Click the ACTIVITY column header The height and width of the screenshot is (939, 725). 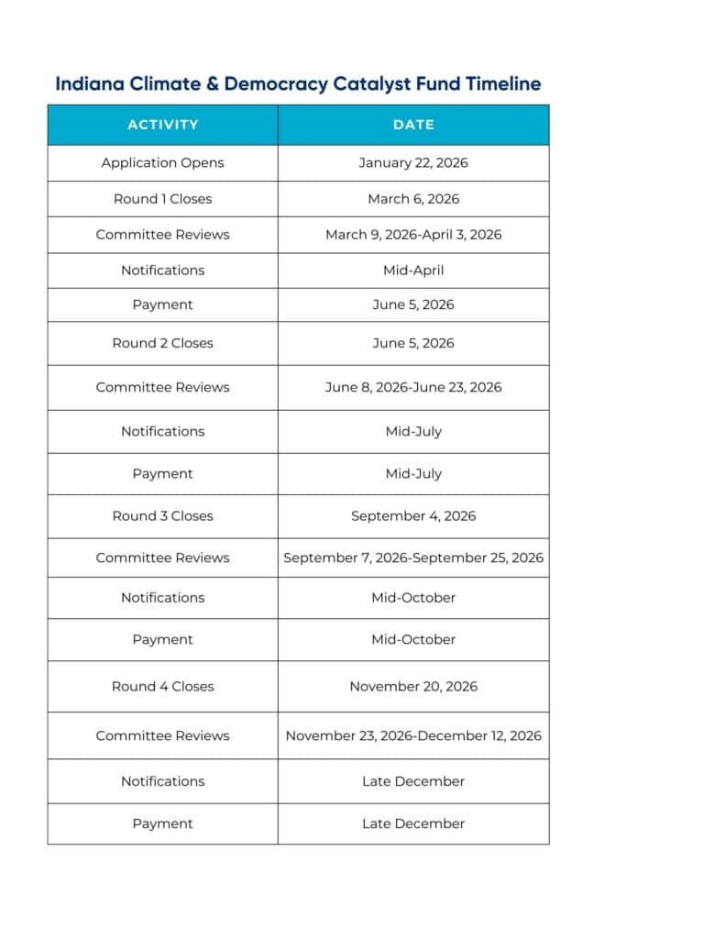click(162, 125)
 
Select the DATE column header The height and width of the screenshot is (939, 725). click(413, 125)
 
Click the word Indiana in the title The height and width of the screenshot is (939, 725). click(89, 84)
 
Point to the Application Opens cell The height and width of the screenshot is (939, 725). click(162, 163)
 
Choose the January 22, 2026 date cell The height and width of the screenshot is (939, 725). click(413, 163)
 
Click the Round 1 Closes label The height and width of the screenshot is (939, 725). click(162, 199)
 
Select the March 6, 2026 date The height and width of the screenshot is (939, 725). click(413, 199)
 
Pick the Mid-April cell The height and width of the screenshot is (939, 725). click(413, 271)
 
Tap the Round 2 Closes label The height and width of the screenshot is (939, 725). click(162, 343)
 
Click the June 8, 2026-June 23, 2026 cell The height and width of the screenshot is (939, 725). click(413, 387)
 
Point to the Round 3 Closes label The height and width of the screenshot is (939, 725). click(162, 516)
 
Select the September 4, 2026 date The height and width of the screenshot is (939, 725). click(413, 516)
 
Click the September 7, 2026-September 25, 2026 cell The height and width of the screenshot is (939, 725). click(413, 558)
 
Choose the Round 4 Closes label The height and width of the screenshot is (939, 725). click(162, 686)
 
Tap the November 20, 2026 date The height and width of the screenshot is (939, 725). click(413, 686)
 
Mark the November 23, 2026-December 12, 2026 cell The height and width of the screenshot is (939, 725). click(413, 735)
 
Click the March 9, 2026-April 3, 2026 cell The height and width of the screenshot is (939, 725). click(413, 235)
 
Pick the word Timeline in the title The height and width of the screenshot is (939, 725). click(503, 84)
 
